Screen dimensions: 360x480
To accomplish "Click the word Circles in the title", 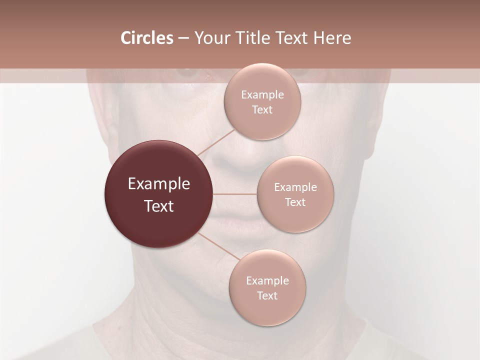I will click(146, 38).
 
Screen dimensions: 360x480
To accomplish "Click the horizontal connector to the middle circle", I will click(235, 194).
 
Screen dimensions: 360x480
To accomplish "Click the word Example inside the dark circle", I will click(158, 184).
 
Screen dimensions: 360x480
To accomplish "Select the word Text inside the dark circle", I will click(158, 206).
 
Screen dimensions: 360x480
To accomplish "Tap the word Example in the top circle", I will click(262, 95).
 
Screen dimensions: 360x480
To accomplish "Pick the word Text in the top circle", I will click(262, 110).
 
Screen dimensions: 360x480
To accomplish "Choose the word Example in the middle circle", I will click(295, 187).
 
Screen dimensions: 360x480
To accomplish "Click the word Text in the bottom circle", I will click(267, 296).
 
